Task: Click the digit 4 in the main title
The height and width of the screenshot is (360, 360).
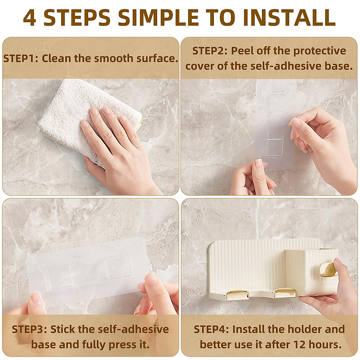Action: click(29, 17)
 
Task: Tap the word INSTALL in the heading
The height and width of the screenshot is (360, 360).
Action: click(289, 17)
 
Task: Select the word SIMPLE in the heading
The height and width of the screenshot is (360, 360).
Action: click(158, 17)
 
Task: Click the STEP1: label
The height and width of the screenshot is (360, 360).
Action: click(21, 58)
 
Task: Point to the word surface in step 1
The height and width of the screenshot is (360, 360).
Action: click(157, 58)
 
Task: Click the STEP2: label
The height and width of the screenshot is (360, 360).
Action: click(210, 51)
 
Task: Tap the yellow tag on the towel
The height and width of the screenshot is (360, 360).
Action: click(140, 122)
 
